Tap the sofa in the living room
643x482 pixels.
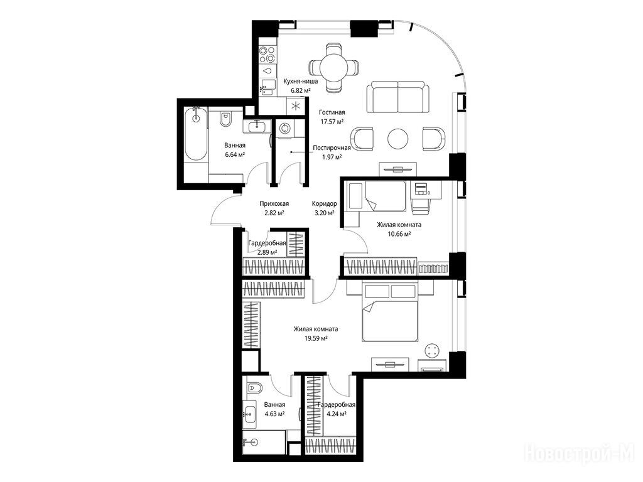pos(397,97)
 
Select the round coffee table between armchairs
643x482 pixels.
pos(397,139)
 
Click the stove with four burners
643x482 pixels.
pos(267,55)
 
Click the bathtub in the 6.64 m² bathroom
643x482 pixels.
pos(196,134)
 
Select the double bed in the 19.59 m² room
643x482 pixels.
pos(389,313)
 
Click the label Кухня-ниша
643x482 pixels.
pos(301,81)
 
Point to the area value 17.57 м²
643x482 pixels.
pos(332,121)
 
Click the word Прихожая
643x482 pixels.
pos(274,204)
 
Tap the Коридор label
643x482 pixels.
pos(325,204)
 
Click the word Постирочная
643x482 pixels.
pos(332,148)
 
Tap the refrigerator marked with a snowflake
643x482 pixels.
pos(295,106)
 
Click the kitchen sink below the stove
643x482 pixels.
pos(267,87)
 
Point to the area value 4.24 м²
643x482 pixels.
pos(337,414)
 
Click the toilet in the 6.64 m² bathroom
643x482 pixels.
pos(225,119)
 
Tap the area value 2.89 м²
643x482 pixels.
pos(266,252)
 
